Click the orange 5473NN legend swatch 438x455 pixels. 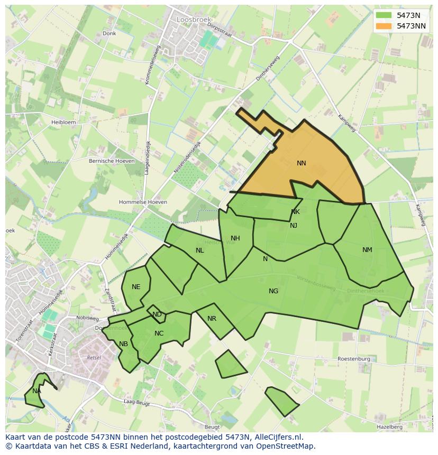click(384, 25)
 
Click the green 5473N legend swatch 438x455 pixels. click(384, 15)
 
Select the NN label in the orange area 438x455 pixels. click(302, 163)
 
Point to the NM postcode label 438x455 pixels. click(367, 250)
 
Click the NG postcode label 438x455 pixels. click(273, 291)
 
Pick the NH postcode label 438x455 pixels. click(235, 238)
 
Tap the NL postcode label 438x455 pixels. click(199, 250)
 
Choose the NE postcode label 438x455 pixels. click(136, 287)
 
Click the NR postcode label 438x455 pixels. click(212, 319)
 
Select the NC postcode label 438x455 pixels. click(159, 333)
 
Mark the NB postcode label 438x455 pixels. click(123, 344)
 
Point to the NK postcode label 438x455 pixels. click(295, 212)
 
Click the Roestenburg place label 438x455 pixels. click(354, 359)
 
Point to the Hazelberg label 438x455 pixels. click(389, 426)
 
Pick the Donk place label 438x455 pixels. click(109, 33)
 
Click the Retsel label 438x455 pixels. click(94, 358)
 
